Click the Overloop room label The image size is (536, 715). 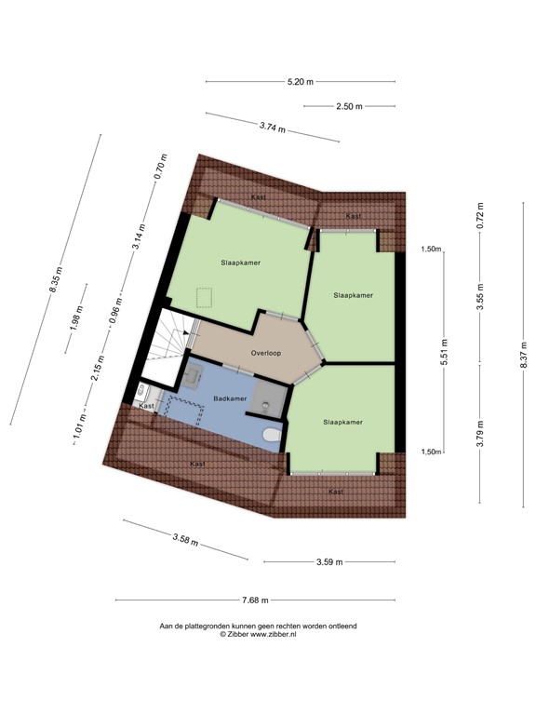pos(267,354)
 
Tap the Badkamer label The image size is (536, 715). pos(230,398)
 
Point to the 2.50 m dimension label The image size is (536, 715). pos(350,106)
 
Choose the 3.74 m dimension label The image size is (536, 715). pos(273,126)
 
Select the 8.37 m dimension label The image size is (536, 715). pos(523,357)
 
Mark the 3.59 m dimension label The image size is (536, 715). pos(329,561)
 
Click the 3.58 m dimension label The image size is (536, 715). pos(185,539)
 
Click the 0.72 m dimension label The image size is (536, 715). pos(480,215)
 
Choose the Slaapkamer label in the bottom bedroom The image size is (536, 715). pos(342,422)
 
